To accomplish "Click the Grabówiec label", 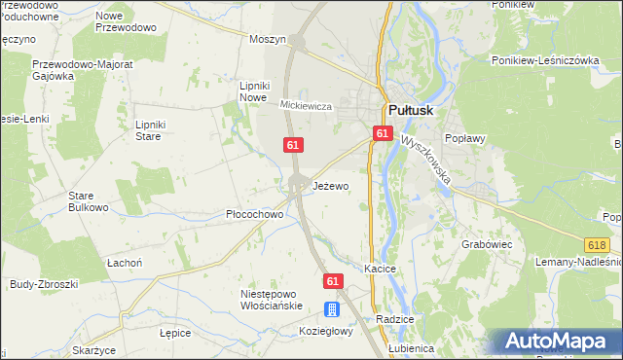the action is [x=487, y=244].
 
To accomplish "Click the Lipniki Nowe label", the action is [x=252, y=90].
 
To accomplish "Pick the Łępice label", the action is [x=174, y=332].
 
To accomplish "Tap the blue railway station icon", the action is [x=332, y=309].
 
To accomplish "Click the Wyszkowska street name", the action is [x=422, y=161].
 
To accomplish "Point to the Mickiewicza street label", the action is [x=306, y=104].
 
